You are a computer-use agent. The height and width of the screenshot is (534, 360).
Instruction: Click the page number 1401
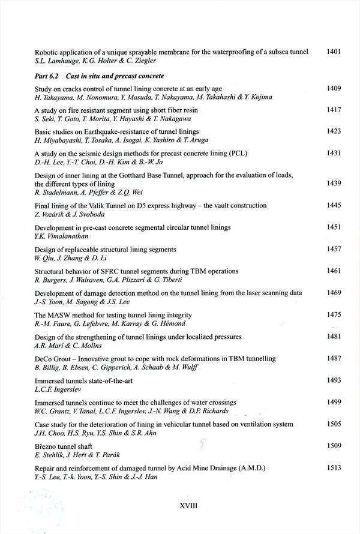point(334,52)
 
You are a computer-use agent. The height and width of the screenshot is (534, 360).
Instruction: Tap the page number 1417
point(334,110)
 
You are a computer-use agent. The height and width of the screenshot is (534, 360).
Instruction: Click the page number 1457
point(334,248)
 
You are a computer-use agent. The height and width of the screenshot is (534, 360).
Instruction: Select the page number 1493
point(334,380)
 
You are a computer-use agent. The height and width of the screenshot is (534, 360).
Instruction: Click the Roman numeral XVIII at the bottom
point(188,506)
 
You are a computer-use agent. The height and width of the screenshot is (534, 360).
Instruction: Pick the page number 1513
point(334,467)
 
